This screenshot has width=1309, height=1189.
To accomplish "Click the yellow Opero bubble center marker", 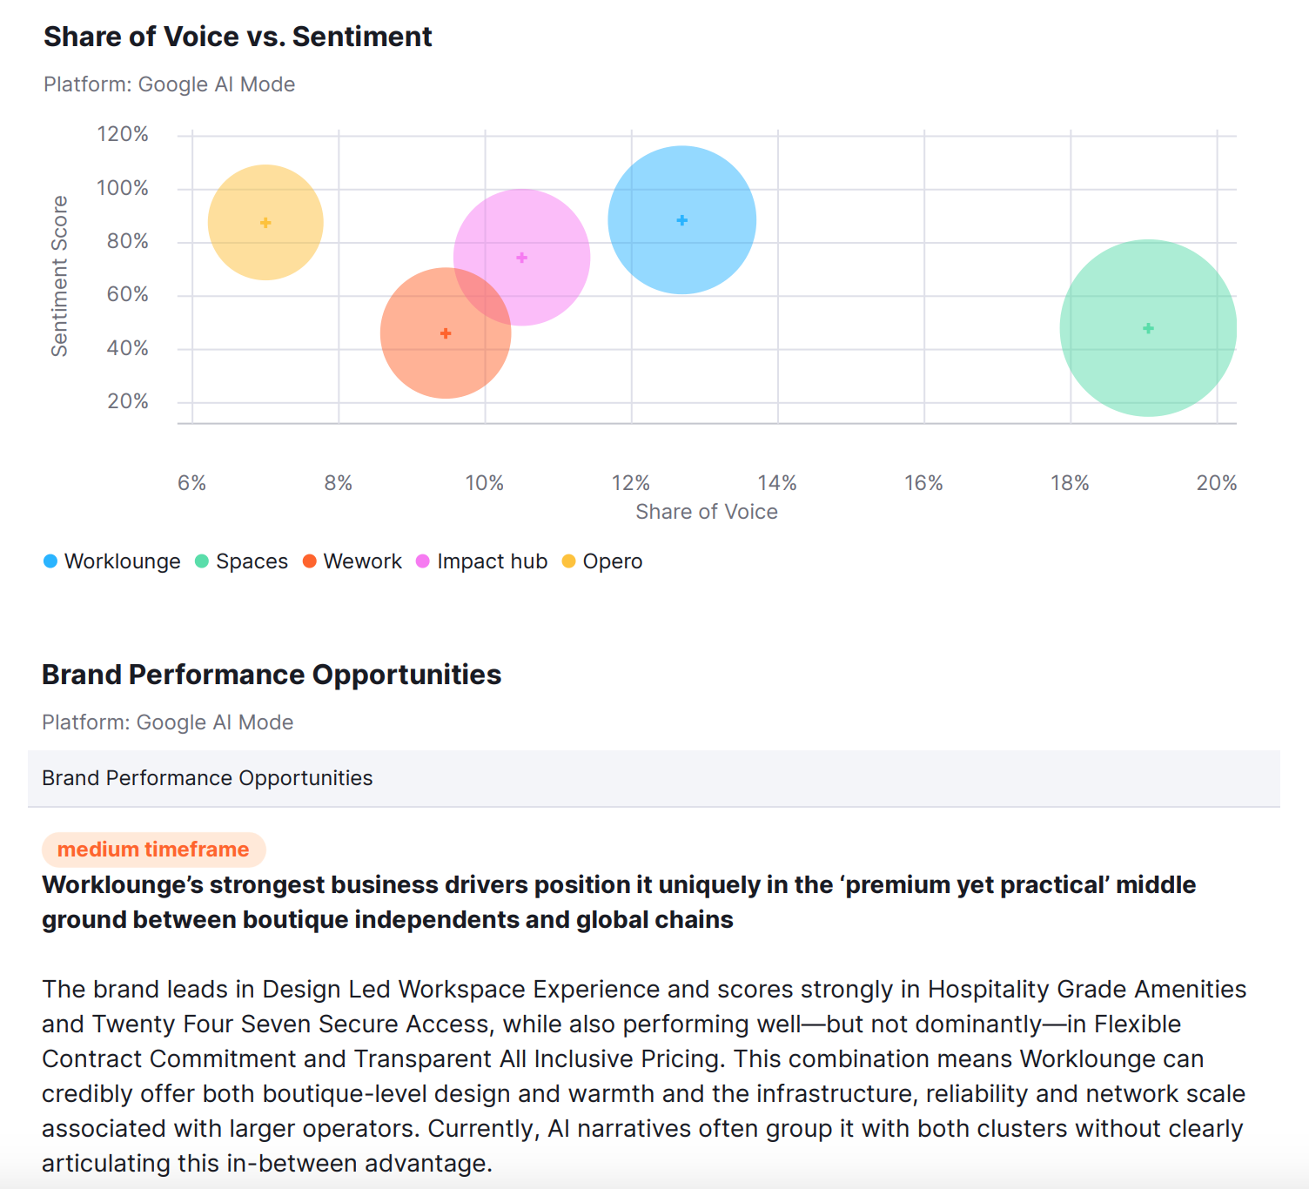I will [265, 223].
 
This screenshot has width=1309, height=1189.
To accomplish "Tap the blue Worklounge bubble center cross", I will [682, 220].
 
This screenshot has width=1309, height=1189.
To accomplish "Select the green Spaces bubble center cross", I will [1148, 328].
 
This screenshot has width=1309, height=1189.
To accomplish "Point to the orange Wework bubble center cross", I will [446, 333].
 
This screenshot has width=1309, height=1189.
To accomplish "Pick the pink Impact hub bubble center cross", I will [522, 258].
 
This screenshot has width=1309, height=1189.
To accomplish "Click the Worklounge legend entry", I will [112, 561].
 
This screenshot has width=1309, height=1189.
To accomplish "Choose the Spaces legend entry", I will [242, 561].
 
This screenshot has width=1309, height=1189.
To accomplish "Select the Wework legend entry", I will [352, 561].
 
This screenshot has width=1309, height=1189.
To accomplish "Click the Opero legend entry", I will [602, 561].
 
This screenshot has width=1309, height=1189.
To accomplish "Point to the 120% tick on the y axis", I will [123, 134].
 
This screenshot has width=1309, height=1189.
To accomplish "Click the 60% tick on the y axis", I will [127, 294].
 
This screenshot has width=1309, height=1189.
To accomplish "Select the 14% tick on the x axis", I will [777, 483].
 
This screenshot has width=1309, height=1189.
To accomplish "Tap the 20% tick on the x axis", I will [1216, 483].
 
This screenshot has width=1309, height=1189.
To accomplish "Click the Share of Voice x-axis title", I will [706, 512].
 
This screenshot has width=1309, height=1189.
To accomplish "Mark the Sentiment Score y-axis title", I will [59, 276].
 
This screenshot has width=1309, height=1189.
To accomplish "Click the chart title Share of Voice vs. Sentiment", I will [238, 37].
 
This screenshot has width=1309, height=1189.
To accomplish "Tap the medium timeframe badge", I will [153, 850].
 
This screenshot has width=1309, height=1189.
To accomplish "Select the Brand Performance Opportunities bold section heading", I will [272, 675].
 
